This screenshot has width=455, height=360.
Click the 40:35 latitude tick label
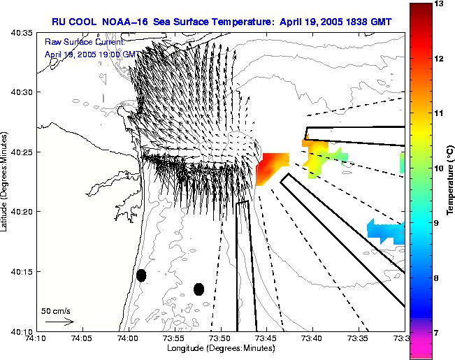[x=17, y=33]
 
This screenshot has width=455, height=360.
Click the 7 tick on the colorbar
[x=440, y=333]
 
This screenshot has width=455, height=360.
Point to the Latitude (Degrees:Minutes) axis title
[x=6, y=181]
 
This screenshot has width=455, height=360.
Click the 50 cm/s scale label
[x=56, y=311]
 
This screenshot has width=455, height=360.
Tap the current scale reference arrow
[x=59, y=322]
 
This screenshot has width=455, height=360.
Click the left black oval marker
[x=141, y=275]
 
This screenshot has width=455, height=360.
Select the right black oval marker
[x=198, y=289]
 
